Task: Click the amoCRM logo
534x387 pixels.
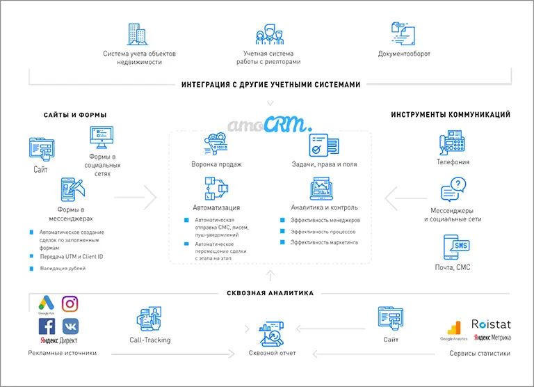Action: (270, 123)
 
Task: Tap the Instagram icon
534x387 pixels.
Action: (70, 303)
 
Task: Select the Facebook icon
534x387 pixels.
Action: (47, 326)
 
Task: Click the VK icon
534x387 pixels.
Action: (70, 326)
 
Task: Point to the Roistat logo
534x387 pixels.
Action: (490, 324)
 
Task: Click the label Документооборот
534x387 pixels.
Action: (404, 54)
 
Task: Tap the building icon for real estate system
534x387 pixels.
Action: (138, 33)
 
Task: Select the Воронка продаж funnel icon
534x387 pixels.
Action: (216, 146)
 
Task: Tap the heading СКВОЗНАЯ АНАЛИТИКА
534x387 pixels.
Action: (270, 293)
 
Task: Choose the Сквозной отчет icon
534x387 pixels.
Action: (272, 332)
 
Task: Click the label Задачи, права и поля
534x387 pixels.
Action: (324, 165)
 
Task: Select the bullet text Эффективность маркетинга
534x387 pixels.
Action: (324, 242)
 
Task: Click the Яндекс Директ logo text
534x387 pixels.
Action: (58, 342)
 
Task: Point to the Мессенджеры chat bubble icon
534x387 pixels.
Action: (453, 189)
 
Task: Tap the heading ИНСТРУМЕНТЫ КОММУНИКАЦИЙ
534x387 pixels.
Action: (451, 115)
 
